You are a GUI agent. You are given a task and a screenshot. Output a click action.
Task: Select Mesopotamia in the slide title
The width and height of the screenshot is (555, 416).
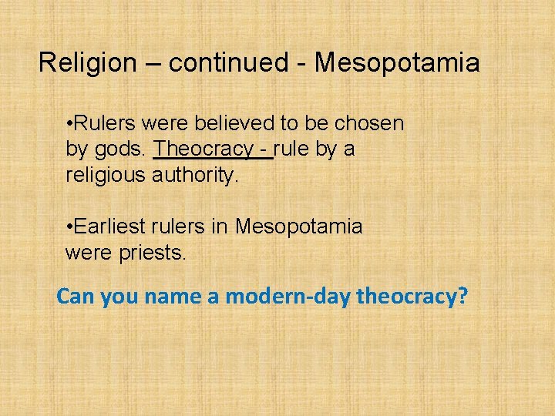396,62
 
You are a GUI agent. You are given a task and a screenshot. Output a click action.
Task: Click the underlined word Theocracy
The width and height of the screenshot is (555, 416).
204,149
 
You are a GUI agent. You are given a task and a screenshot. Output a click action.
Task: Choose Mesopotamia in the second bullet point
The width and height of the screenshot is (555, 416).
298,226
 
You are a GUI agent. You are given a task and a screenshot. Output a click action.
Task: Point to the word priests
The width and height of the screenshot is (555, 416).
150,252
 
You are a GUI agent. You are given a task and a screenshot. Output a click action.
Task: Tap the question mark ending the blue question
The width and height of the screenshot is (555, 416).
462,296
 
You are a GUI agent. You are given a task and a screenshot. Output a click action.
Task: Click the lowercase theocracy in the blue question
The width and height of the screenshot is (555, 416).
405,296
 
